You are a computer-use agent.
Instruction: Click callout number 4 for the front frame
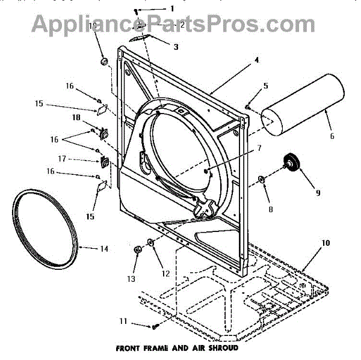coord(256,60)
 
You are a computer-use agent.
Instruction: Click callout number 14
coord(104,248)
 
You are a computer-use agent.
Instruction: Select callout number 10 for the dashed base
coord(325,243)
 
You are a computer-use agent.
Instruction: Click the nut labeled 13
coord(137,249)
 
